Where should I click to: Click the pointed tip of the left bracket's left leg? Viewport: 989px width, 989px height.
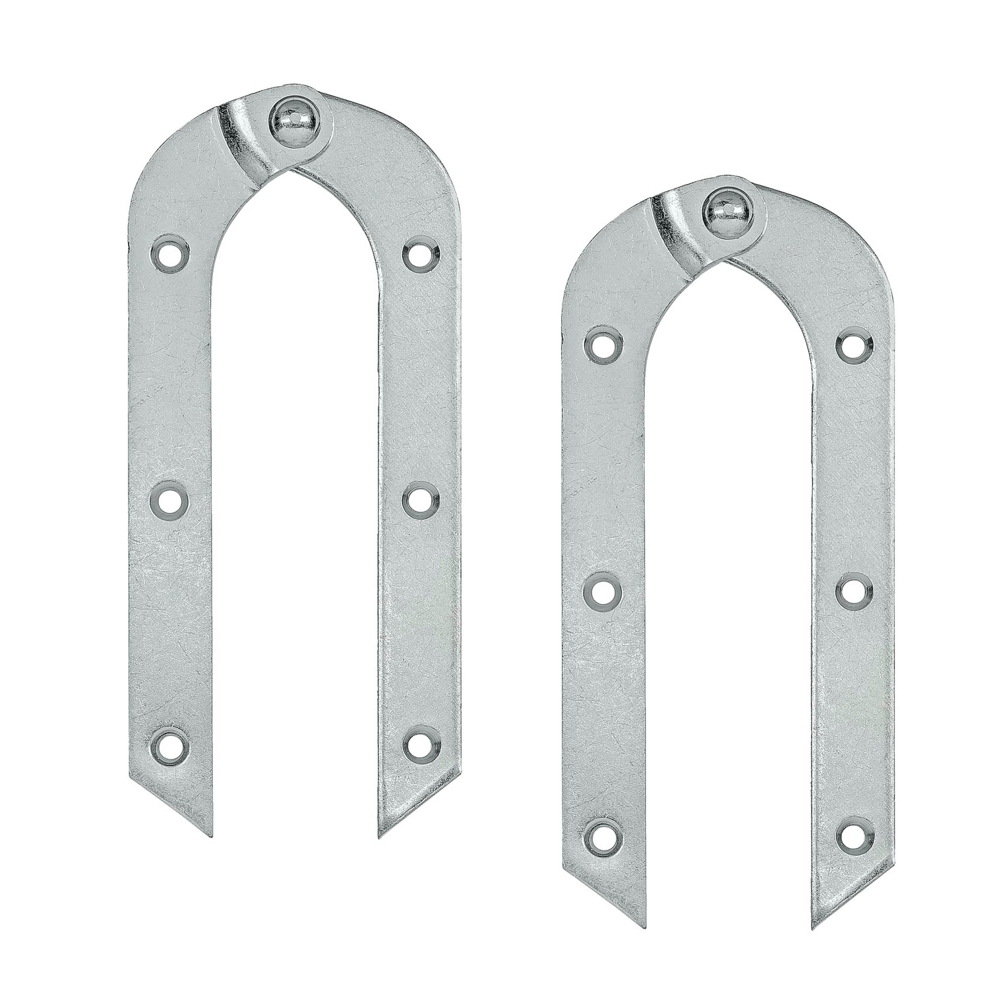213,836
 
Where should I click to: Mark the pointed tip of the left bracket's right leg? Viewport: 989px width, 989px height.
380,836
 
